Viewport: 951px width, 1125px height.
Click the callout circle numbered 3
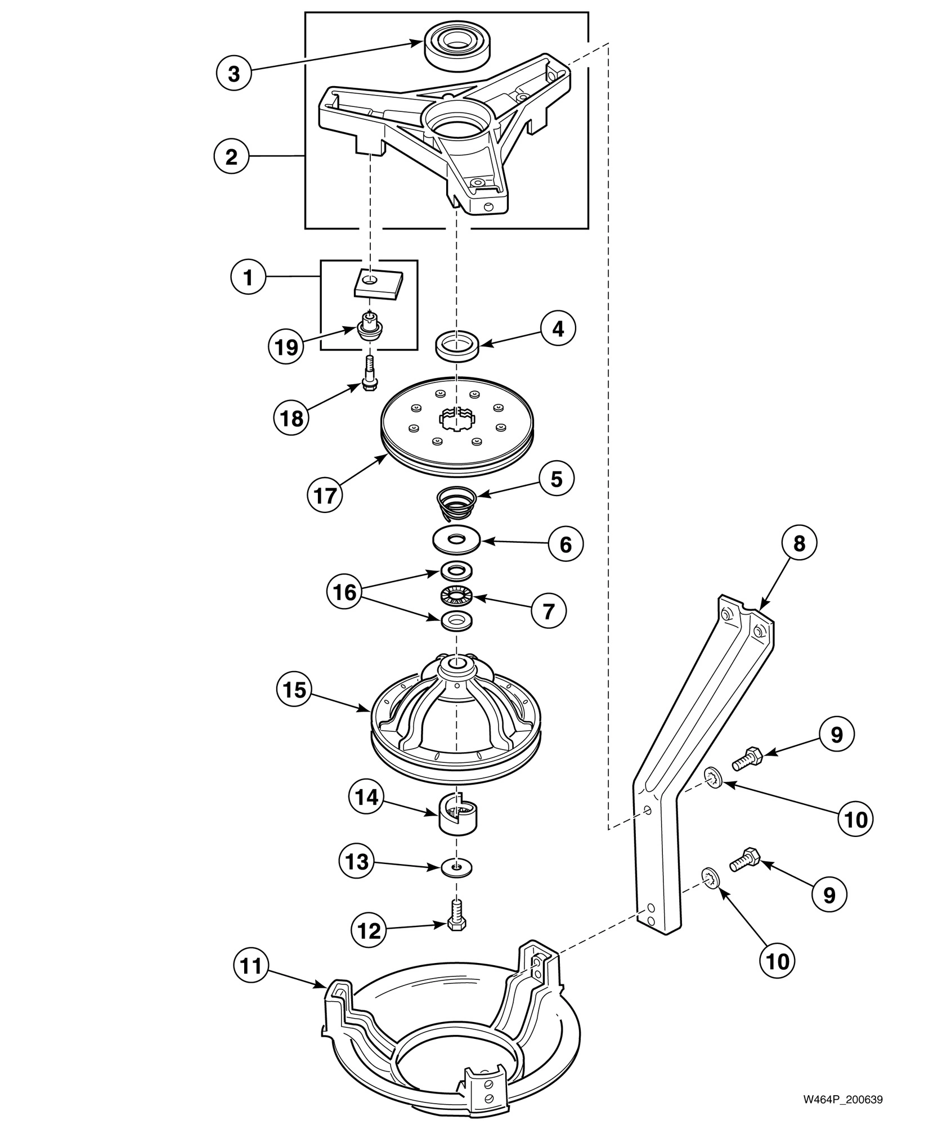tap(234, 74)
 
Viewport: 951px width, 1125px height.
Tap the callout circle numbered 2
tap(231, 157)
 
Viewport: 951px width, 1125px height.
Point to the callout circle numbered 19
tap(285, 347)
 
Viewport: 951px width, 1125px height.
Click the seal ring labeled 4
tap(457, 344)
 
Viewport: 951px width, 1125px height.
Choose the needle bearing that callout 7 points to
tap(456, 596)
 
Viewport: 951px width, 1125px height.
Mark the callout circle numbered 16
tap(344, 592)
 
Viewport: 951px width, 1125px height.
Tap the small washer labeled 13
tap(456, 868)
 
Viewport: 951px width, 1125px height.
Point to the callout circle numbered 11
tap(251, 966)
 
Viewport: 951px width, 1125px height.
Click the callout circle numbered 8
tap(799, 544)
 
